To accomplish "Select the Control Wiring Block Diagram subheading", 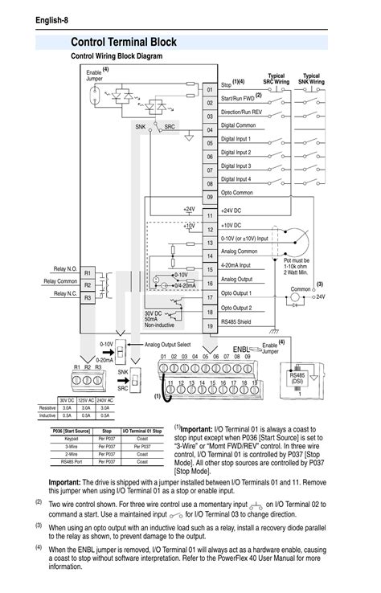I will click(117, 56).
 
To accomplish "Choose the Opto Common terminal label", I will click(238, 193).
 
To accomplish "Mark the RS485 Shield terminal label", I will click(240, 321).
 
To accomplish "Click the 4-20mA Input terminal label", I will click(236, 264).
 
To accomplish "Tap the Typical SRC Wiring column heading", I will click(276, 79).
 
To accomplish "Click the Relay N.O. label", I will click(66, 268).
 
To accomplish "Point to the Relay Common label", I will click(60, 281).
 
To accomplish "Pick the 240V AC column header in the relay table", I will click(105, 400).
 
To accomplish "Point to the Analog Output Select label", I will click(167, 344).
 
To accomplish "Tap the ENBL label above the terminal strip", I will click(242, 350).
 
